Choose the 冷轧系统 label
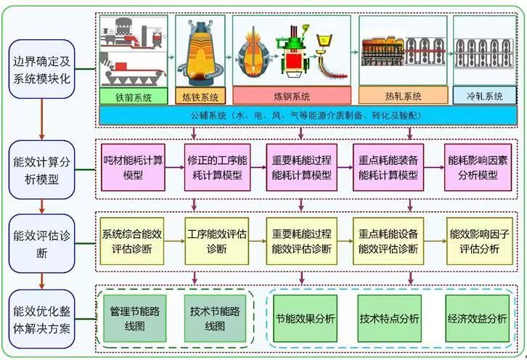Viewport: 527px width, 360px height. pyautogui.click(x=485, y=95)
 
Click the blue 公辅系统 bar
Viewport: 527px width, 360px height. pyautogui.click(x=307, y=115)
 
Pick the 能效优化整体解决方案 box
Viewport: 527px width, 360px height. pyautogui.click(x=41, y=319)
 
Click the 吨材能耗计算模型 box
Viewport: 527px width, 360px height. pyautogui.click(x=133, y=168)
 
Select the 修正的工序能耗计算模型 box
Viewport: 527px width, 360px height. pyautogui.click(x=217, y=168)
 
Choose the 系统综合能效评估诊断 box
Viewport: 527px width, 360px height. pyautogui.click(x=133, y=240)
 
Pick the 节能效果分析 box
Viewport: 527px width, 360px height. pyautogui.click(x=306, y=318)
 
